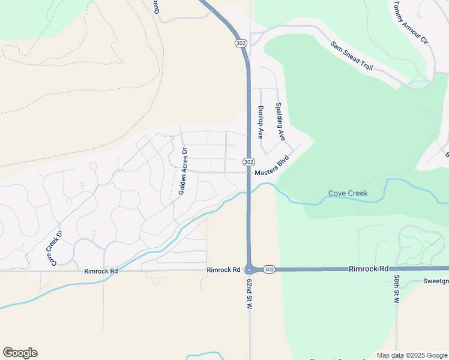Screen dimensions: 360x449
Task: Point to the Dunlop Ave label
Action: [x=261, y=122]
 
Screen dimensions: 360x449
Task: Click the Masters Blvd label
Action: [x=272, y=167]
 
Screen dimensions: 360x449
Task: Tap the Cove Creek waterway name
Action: [x=348, y=194]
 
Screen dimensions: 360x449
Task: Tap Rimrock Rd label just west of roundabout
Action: [x=223, y=270]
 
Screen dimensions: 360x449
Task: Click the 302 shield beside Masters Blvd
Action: [x=249, y=163]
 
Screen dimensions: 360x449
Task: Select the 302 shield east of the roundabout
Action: [x=269, y=270]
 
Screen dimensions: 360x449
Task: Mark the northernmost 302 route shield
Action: [x=240, y=43]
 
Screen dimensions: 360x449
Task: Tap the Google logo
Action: [x=20, y=353]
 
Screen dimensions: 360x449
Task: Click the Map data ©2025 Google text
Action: [x=411, y=355]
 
